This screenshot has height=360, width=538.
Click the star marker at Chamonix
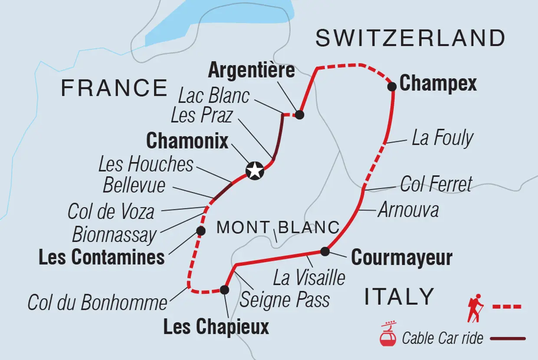coord(255,171)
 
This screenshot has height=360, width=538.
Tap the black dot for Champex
coord(392,86)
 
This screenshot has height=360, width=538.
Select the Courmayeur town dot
coord(325,251)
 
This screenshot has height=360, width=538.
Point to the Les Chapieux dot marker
coord(224,290)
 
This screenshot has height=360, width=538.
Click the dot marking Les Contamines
coord(200,231)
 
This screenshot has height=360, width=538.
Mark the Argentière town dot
coord(299,115)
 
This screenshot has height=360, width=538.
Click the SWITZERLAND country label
coord(410,38)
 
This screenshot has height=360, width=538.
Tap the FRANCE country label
coord(114,88)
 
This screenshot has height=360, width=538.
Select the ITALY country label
coord(399,297)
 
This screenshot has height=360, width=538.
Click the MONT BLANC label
coord(278,227)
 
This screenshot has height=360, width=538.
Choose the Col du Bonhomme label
coord(98,303)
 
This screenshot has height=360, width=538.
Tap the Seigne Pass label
coord(285,300)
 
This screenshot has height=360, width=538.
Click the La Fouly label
coord(442,139)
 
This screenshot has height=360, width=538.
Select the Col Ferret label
coord(436,184)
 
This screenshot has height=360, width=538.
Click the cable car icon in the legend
coord(388,334)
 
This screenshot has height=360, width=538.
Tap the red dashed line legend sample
coord(507,307)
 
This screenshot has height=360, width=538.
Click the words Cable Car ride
coord(443,338)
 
